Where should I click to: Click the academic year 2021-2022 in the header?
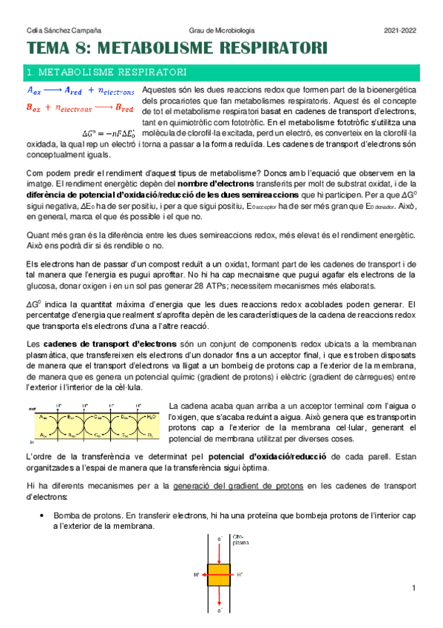coord(400,30)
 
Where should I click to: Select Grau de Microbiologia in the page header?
coord(220,30)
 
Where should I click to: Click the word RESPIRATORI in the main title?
coord(266,49)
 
